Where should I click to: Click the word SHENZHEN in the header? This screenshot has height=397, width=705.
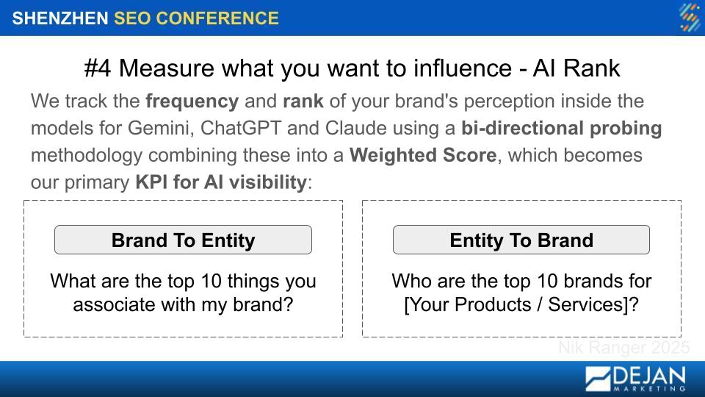point(60,18)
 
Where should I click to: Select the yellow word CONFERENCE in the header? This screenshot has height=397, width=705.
point(217,18)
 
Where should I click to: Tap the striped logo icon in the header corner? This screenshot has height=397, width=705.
point(690,18)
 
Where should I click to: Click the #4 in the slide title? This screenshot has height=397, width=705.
point(98,68)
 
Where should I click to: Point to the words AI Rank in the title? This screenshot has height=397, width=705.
point(576,68)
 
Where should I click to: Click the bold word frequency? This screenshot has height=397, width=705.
point(192,101)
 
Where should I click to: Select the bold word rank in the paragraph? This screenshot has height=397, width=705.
point(303,101)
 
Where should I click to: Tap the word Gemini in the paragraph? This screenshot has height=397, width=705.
point(158,128)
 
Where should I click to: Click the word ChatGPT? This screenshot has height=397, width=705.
point(241,128)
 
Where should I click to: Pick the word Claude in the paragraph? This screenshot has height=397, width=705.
point(355,128)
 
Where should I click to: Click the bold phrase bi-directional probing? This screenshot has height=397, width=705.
point(562,128)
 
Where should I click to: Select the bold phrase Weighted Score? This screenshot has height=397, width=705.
point(423,155)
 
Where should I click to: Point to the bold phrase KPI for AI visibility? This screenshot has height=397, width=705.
point(221,182)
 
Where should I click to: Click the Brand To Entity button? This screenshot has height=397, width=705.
point(183,240)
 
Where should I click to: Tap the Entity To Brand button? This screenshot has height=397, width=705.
point(521,240)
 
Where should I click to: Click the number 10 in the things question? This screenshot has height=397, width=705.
point(211,282)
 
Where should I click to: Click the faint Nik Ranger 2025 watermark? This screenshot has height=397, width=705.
point(624,348)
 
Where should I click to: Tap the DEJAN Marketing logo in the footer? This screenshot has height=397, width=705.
point(636,379)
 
